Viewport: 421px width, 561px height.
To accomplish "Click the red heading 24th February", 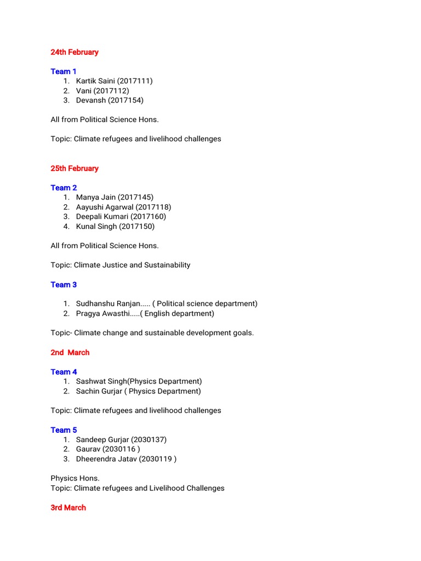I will click(x=75, y=52).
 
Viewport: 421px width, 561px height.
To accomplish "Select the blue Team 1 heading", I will click(x=64, y=71).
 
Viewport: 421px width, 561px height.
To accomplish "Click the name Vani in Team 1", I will click(x=84, y=91).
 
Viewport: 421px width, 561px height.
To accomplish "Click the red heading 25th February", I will click(x=75, y=168).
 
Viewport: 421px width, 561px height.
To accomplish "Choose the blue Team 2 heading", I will click(x=64, y=187).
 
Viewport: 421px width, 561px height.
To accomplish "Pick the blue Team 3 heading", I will click(x=64, y=284).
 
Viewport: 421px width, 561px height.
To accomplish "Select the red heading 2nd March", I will click(x=70, y=352).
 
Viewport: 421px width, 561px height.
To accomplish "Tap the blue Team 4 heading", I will click(x=64, y=372).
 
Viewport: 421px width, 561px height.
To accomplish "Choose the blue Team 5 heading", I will click(x=64, y=430).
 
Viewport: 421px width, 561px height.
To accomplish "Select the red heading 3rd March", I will click(x=68, y=508).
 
